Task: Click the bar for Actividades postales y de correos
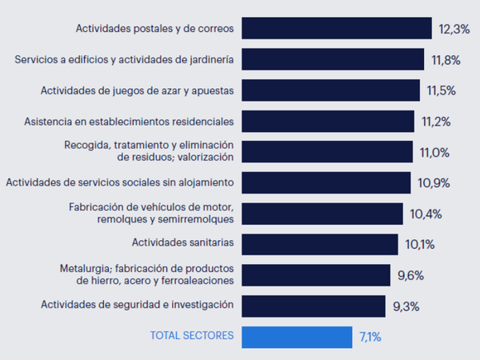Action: [336, 28]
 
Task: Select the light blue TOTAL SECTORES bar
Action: [296, 337]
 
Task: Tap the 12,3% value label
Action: [454, 29]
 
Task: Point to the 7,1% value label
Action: [370, 337]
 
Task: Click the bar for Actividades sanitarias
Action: [319, 244]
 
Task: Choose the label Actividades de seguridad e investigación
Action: [137, 305]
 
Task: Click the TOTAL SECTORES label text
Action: [192, 336]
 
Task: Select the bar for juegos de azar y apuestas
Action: [330, 90]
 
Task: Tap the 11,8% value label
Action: [445, 59]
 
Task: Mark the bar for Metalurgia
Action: [315, 275]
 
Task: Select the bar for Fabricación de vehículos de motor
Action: [322, 214]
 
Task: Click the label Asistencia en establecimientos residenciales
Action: [129, 121]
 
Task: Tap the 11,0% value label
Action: [434, 152]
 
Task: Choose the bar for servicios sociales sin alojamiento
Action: [326, 182]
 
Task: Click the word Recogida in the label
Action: [86, 145]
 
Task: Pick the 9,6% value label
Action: [410, 276]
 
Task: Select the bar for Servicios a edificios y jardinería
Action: [332, 59]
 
